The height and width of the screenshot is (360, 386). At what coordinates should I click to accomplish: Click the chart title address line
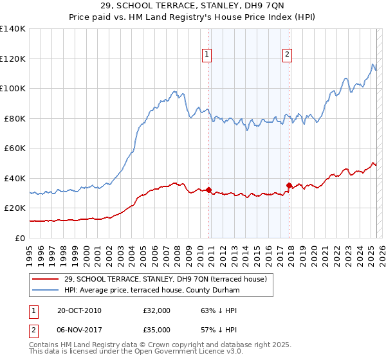192,6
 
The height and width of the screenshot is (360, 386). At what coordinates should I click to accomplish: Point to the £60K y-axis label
14,148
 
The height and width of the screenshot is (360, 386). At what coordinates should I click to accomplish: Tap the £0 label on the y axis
19,238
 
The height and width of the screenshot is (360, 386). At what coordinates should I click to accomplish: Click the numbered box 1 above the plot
207,55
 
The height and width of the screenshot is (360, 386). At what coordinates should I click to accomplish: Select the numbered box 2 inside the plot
287,55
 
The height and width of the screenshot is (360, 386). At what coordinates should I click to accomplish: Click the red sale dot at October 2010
209,190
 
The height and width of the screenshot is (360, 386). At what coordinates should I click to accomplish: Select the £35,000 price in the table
157,331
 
